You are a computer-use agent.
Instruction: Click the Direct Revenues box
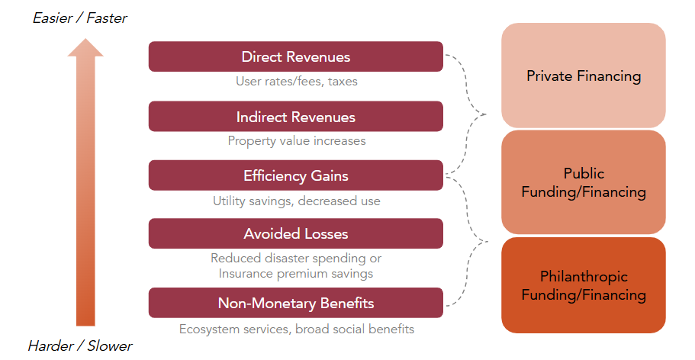coord(295,57)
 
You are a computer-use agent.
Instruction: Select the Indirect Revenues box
coord(295,117)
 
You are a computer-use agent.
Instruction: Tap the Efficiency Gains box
coord(295,175)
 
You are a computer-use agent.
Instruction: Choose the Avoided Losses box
coord(295,233)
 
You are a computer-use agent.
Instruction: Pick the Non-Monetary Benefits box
coord(295,303)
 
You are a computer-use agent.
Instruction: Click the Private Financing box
coord(584,76)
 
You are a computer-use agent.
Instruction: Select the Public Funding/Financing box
coord(584,182)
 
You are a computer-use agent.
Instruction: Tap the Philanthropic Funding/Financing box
coord(584,285)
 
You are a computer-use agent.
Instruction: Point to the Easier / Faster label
coord(80,18)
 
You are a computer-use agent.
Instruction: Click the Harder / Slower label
coord(80,346)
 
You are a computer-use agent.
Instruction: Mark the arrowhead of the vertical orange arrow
coord(85,47)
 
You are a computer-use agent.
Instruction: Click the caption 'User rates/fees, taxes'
coord(296,81)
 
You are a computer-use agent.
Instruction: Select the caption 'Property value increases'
coord(296,140)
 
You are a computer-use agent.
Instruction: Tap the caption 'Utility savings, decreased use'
coord(296,201)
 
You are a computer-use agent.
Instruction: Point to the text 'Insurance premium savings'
coord(296,273)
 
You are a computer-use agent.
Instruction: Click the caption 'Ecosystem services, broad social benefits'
coord(296,329)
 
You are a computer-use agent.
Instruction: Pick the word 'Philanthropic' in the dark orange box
coord(584,276)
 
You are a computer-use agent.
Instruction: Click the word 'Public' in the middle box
coord(584,173)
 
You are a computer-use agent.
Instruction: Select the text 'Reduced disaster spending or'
coord(296,259)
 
